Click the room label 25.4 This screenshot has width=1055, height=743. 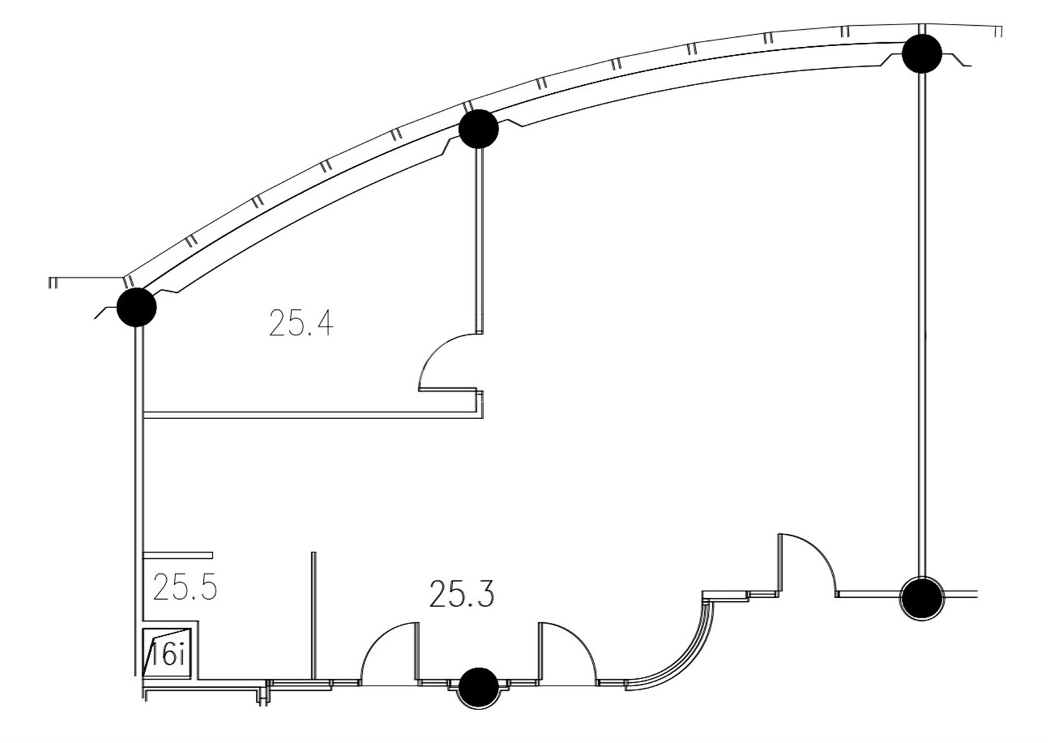click(301, 323)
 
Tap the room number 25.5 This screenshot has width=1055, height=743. click(185, 587)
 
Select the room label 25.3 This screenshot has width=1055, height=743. click(462, 594)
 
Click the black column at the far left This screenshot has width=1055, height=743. click(136, 307)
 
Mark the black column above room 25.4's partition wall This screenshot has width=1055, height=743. click(479, 129)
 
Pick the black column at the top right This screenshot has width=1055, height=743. click(922, 53)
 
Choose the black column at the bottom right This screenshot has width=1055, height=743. click(922, 598)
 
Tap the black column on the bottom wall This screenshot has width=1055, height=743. click(479, 688)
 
